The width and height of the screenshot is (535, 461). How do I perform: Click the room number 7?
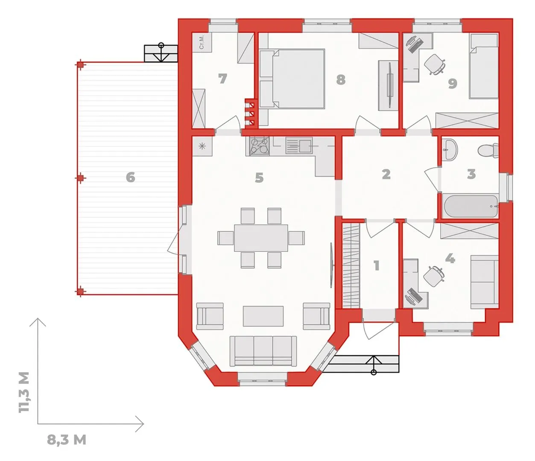click(x=222, y=79)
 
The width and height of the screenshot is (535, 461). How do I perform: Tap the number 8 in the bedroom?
click(x=341, y=80)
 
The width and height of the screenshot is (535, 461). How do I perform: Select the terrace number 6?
click(x=131, y=177)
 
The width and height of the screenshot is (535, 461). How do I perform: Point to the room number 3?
click(x=471, y=174)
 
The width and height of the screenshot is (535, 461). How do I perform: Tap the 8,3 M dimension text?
click(x=67, y=440)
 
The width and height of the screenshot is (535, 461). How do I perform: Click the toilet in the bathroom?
click(x=488, y=150)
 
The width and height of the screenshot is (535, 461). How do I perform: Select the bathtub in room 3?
click(x=470, y=207)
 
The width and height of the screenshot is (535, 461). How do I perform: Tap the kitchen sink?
click(x=299, y=146)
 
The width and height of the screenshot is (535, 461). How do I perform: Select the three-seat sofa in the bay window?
click(x=263, y=351)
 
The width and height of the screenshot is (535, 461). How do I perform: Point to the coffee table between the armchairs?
click(x=263, y=316)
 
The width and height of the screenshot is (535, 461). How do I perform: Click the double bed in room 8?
click(x=292, y=79)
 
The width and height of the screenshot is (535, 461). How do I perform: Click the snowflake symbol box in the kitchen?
click(x=202, y=146)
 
